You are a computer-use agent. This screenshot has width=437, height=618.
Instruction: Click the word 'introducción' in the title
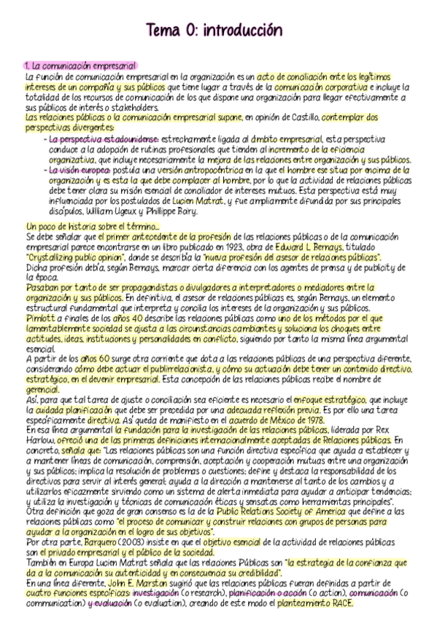[241, 31]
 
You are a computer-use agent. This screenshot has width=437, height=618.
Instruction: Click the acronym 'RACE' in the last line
[339, 604]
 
